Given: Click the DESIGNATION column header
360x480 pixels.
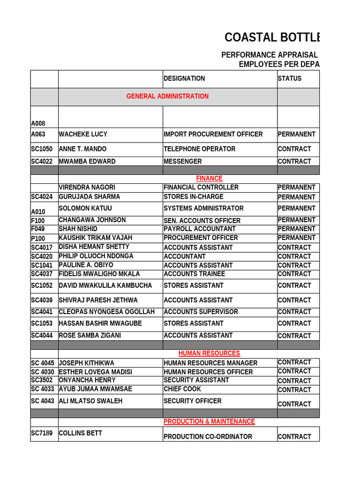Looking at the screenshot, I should tap(184, 79).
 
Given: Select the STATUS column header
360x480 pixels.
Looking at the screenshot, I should tap(290, 79).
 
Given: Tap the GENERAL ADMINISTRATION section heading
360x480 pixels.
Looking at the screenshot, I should tap(167, 97).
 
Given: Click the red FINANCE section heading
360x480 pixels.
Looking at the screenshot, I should tap(209, 179).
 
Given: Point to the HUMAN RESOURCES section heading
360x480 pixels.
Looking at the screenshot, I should tap(209, 353).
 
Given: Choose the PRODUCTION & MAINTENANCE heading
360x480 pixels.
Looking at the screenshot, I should tap(209, 422).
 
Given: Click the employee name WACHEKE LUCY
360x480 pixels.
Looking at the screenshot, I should tap(83, 135).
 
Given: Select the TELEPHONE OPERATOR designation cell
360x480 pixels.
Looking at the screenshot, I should tap(200, 149).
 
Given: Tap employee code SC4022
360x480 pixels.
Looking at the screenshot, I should tap(42, 162).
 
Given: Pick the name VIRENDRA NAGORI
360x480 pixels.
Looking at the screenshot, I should tap(87, 187).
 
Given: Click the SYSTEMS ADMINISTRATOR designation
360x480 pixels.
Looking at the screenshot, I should tap(204, 209).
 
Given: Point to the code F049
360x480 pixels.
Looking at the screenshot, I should tap(38, 229).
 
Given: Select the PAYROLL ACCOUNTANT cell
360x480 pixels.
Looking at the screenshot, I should tap(200, 229).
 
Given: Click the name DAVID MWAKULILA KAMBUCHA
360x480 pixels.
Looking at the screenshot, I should tap(105, 285).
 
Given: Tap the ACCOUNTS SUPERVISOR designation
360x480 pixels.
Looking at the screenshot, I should tap(201, 312).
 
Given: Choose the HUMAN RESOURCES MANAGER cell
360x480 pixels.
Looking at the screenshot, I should tap(210, 363).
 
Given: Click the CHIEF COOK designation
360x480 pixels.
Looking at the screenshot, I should tap(182, 389).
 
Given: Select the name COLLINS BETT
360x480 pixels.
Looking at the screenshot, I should tap(80, 434).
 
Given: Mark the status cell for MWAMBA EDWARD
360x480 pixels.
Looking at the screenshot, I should tap(294, 162).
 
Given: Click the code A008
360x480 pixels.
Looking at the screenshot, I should tap(38, 124).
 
